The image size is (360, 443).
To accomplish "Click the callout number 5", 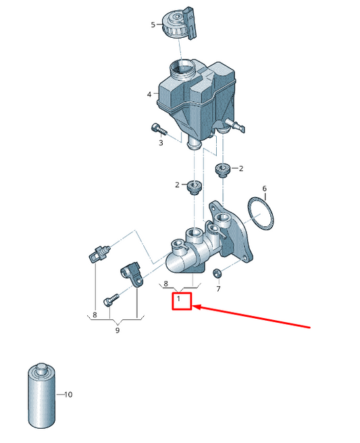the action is [153, 25].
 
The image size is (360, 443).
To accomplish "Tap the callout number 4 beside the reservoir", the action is [149, 95].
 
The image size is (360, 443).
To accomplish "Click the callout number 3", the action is [161, 142].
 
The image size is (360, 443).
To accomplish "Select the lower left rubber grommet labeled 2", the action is [195, 187].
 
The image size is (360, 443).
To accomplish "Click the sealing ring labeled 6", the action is [260, 213].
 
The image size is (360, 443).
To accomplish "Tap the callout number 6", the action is [265, 188].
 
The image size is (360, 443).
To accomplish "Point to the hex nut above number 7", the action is [217, 273].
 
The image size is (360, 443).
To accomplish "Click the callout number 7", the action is [218, 289].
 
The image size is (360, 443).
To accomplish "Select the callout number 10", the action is [68, 394].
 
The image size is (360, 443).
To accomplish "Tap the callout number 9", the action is [118, 330].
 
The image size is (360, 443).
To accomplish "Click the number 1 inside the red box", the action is [178, 298].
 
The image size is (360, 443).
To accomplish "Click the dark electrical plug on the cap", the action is [190, 23].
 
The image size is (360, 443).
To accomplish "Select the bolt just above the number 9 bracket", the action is [111, 299].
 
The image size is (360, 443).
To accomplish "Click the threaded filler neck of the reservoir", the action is [181, 70].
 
